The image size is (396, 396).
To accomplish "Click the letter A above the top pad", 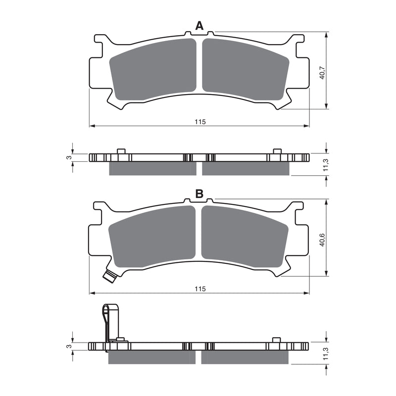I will [199, 26].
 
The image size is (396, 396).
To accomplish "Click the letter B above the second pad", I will [199, 194].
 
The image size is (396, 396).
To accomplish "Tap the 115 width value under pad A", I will [199, 122].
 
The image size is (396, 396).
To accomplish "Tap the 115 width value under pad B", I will [199, 289].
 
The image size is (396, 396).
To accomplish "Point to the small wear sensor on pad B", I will [110, 275].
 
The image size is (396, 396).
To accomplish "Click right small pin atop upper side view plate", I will [277, 151].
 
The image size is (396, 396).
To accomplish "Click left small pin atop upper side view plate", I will [120, 151].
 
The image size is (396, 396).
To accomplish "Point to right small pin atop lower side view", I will [276, 340].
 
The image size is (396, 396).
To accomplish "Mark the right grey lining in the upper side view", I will [246, 169].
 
